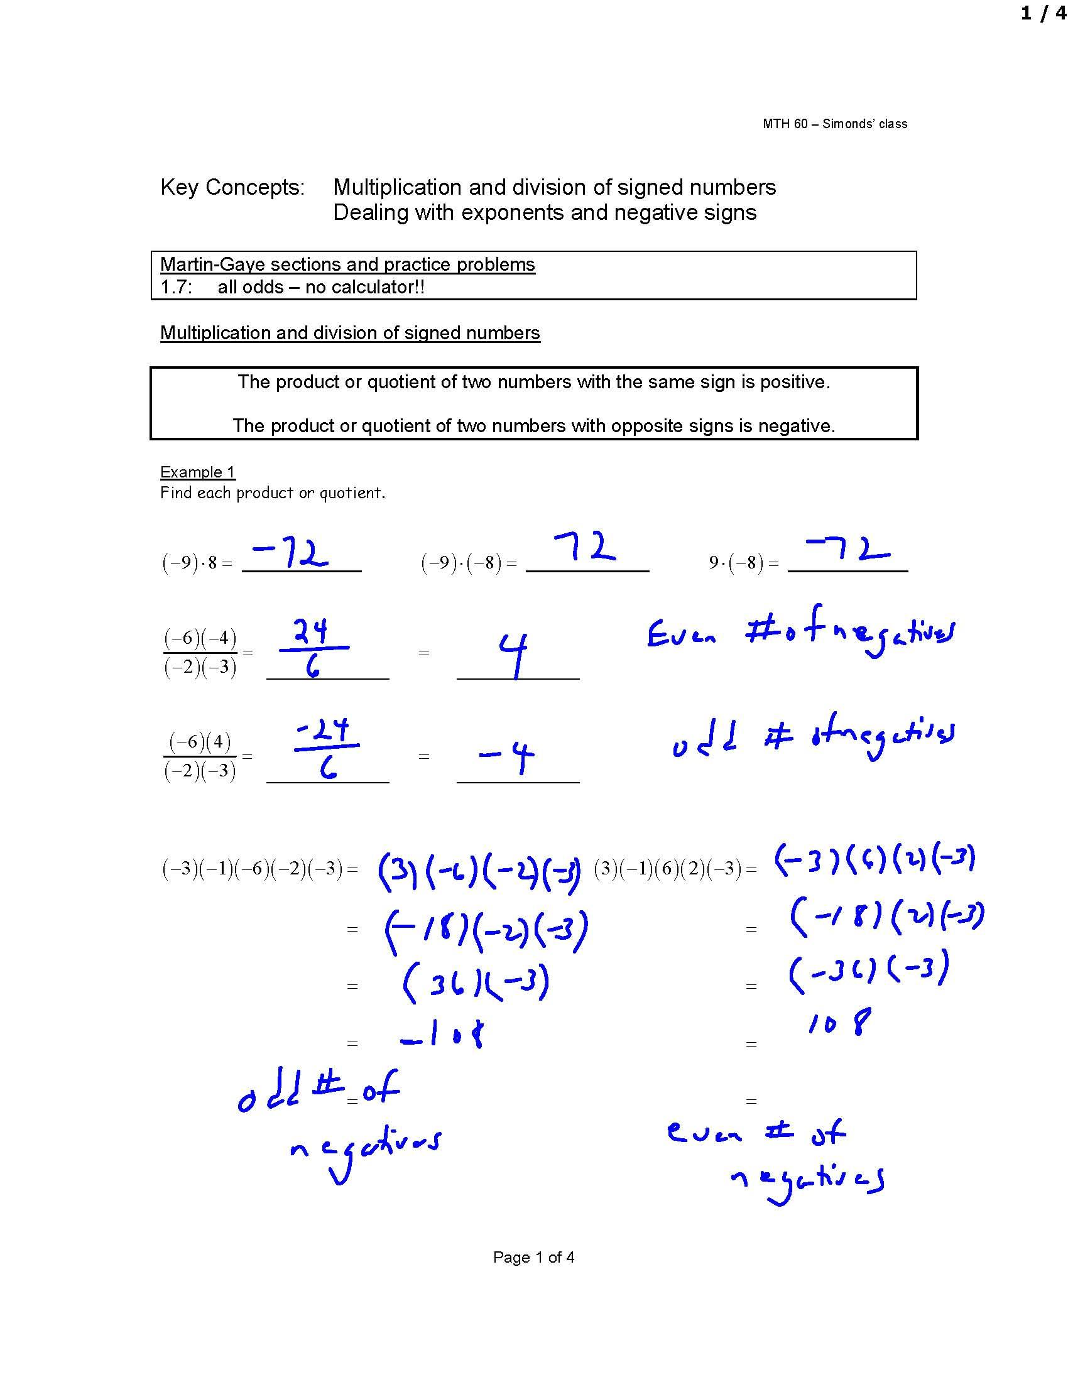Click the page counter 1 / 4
[1043, 13]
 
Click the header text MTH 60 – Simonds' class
[834, 124]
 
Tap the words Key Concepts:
[232, 187]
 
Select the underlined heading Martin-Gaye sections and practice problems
[347, 264]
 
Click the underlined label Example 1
[197, 472]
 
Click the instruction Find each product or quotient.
[273, 493]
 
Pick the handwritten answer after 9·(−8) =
[848, 549]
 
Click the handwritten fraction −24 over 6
[325, 748]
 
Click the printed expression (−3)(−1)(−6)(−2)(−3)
[253, 869]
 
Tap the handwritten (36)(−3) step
[476, 984]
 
